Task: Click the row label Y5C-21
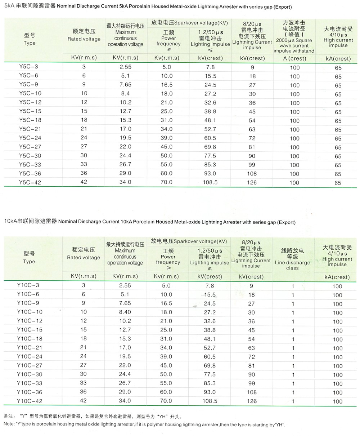[x=30, y=129]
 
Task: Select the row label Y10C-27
[x=30, y=365]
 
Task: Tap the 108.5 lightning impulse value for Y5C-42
[x=210, y=183]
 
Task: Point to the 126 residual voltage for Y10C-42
[x=252, y=401]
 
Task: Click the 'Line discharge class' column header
[x=292, y=259]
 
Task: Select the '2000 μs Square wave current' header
[x=294, y=43]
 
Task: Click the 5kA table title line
[x=147, y=7]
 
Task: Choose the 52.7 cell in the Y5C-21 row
[x=210, y=129]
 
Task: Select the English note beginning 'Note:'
[x=144, y=425]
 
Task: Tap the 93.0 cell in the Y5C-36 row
[x=210, y=174]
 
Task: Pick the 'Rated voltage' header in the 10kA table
[x=84, y=254]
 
